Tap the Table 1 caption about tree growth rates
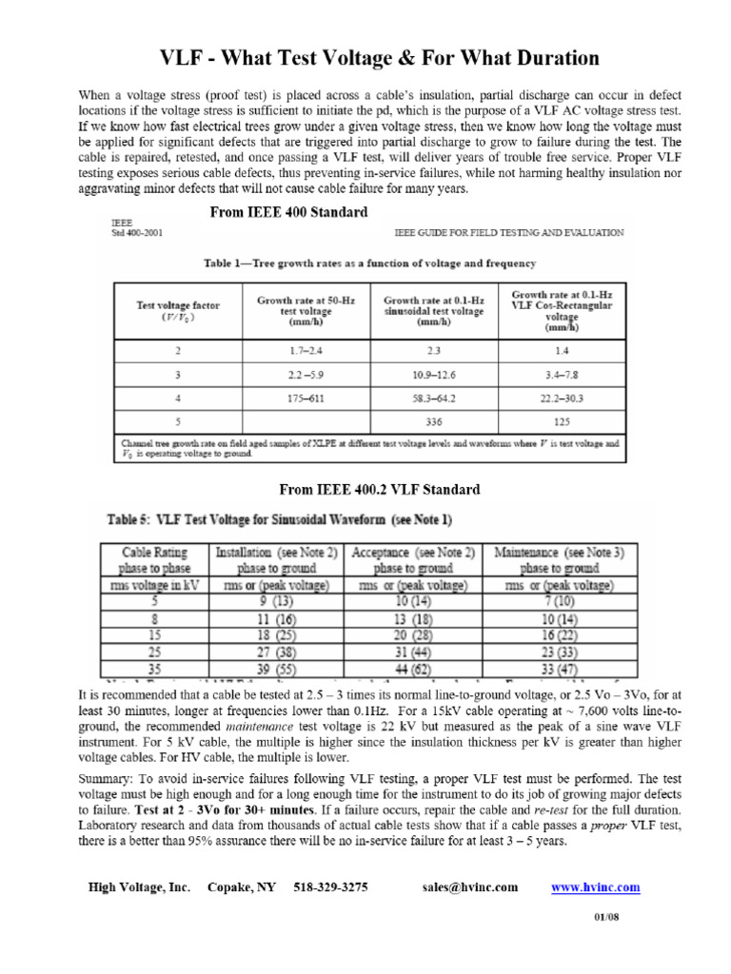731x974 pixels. tap(369, 263)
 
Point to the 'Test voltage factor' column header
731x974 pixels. tap(178, 311)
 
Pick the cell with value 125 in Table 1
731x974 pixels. tap(561, 422)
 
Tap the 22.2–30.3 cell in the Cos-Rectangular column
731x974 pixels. tap(561, 399)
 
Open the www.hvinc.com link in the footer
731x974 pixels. tap(596, 887)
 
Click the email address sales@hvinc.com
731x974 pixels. tap(469, 887)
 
